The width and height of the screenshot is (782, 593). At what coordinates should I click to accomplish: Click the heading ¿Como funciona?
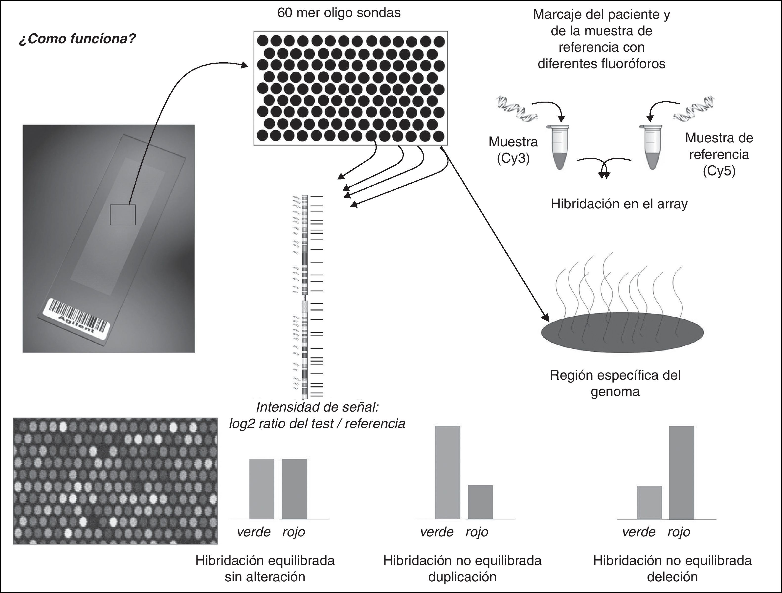click(x=77, y=39)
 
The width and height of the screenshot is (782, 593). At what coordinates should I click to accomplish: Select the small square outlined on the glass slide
click(x=122, y=215)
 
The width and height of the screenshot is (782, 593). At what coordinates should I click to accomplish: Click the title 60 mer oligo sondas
click(x=339, y=13)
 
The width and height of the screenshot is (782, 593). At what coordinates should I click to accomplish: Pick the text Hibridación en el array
click(x=619, y=204)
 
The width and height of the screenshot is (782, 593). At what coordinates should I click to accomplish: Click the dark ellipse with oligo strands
click(x=622, y=332)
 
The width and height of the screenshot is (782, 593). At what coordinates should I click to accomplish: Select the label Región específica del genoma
click(x=615, y=383)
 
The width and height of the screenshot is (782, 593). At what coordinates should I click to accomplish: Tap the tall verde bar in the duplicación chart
click(x=447, y=472)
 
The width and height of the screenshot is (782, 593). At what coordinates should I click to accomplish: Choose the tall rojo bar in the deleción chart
click(x=681, y=472)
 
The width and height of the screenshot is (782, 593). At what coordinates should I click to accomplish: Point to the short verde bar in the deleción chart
click(x=649, y=502)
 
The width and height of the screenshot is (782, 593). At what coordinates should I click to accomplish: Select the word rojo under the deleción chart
click(x=678, y=532)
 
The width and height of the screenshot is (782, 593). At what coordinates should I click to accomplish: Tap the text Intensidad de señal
click(x=317, y=407)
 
